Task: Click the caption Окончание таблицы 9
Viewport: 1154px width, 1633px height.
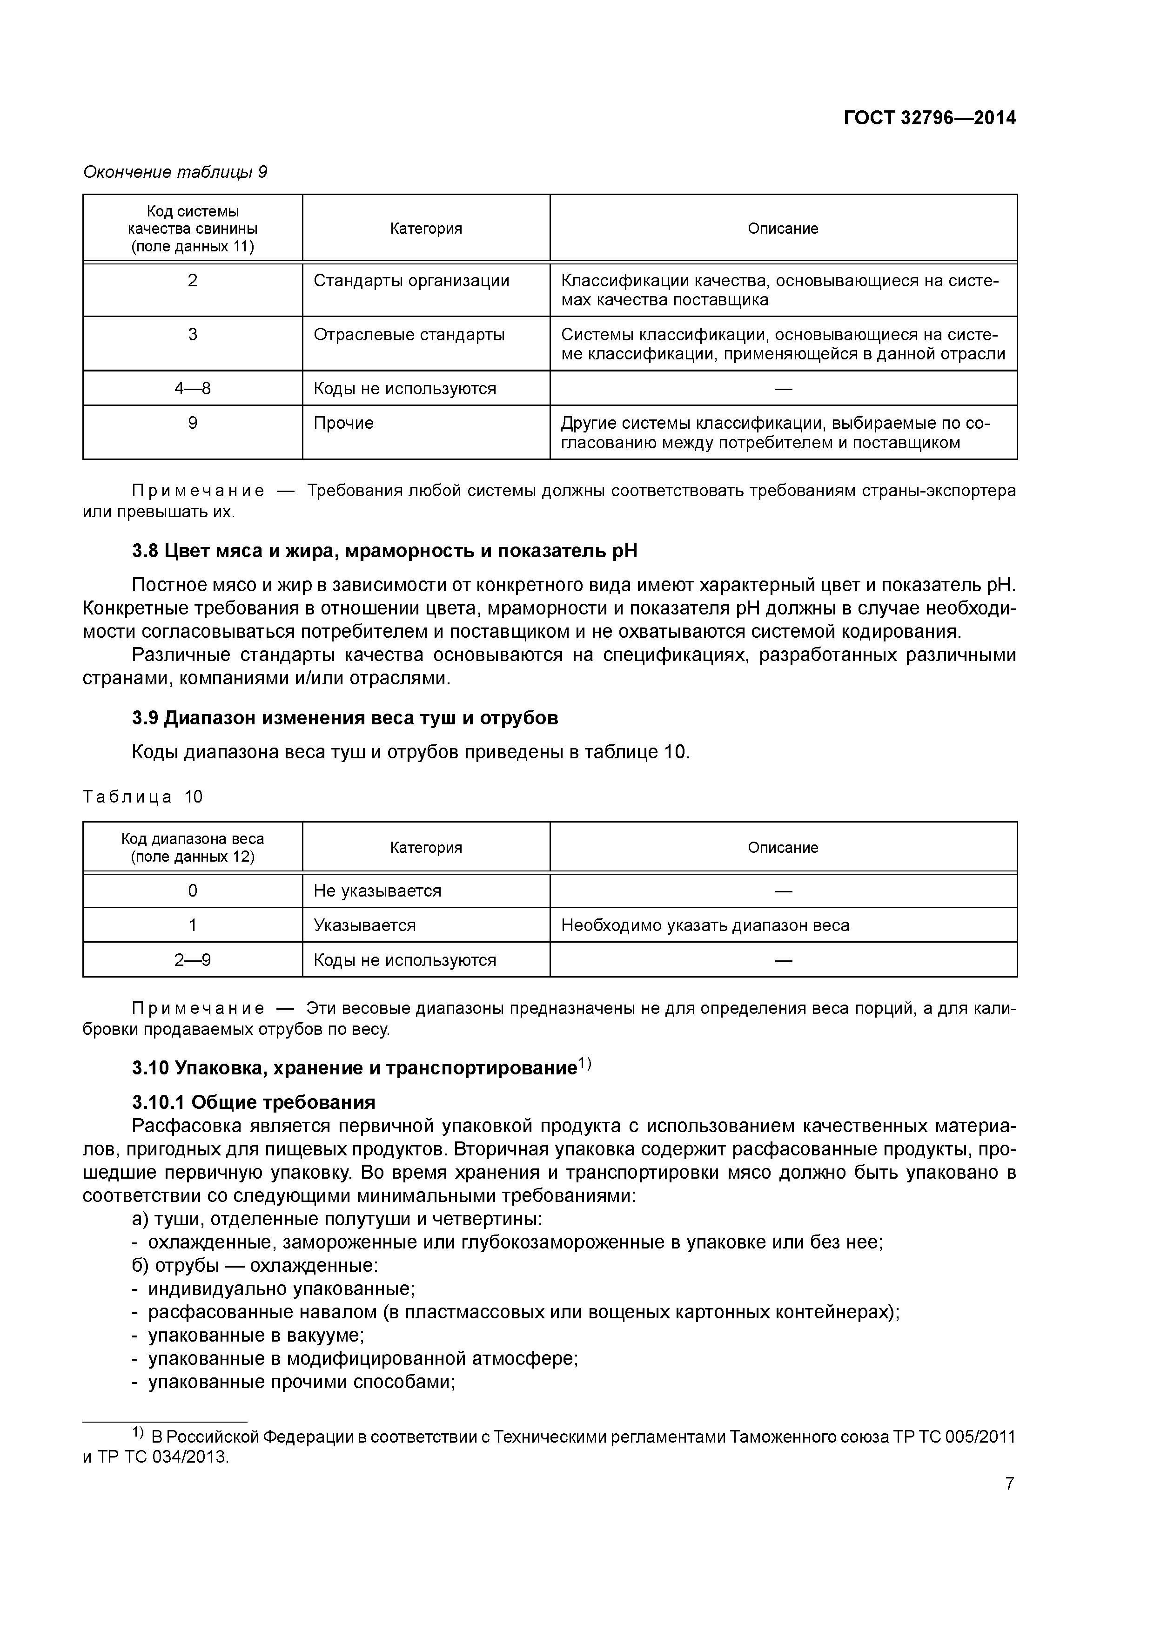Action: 175,172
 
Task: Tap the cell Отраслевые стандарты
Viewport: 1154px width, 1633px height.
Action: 409,335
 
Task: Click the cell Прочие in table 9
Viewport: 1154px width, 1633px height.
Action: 343,423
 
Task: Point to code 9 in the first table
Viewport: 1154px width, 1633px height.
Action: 192,423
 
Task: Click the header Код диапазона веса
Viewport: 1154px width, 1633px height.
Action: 192,847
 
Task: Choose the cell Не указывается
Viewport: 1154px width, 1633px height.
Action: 377,891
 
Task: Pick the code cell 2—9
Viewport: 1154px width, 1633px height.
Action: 192,960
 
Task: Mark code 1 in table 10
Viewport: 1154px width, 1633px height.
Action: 192,925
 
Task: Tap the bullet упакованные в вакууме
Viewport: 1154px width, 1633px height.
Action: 256,1335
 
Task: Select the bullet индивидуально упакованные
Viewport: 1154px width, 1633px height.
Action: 281,1289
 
